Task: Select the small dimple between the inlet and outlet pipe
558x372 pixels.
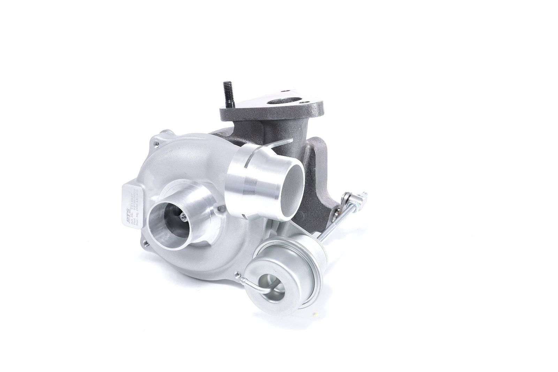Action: (x=220, y=208)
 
